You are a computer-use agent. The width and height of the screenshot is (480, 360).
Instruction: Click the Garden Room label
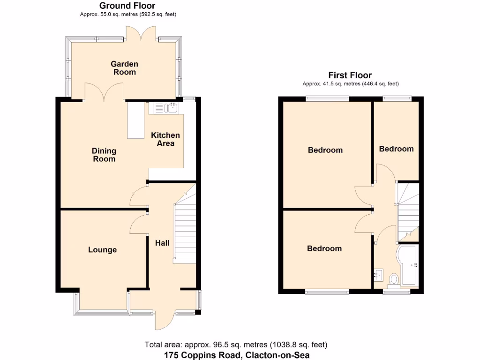coord(124,68)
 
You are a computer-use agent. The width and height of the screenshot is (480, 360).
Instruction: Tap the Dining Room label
coord(104,155)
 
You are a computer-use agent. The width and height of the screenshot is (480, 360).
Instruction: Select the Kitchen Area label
coord(165,139)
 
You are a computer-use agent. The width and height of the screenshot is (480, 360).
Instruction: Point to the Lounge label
coord(102,250)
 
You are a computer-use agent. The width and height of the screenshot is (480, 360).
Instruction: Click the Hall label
coord(163,243)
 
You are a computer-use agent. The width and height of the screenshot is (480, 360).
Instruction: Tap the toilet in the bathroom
coord(393,280)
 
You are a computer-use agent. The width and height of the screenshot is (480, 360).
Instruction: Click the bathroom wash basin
coord(379,275)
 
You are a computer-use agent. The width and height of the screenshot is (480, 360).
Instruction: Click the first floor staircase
coord(407,211)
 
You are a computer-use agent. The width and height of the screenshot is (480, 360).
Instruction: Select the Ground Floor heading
coord(127,6)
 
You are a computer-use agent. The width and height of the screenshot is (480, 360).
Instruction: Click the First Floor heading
coord(350,75)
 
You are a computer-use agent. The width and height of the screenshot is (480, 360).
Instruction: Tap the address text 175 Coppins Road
coord(237,355)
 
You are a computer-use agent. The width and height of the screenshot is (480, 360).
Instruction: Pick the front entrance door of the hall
coord(165,321)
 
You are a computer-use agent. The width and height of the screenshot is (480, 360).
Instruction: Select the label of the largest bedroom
coord(325,150)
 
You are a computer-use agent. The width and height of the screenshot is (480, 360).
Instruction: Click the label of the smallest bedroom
coord(396,149)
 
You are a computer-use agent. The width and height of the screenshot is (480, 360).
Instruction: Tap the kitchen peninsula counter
coord(136,120)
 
